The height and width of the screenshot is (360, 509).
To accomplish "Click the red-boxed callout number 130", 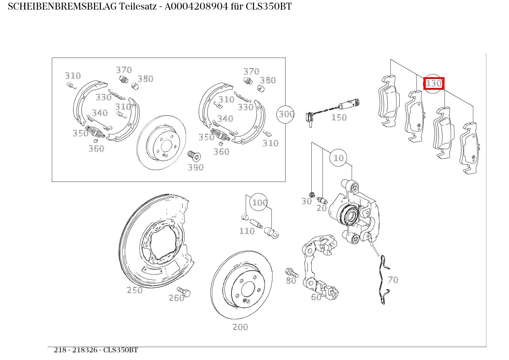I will pos(434,83).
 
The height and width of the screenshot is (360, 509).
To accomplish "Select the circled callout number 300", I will pos(286,114).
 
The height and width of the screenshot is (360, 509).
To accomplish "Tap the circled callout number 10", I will pos(339,158).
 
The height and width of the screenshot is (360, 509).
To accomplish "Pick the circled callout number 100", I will pos(259,202).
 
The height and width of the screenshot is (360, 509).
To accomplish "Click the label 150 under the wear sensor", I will pos(339,117).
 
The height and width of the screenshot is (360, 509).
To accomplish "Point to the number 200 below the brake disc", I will pos(240,327).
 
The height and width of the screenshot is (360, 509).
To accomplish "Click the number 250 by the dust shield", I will pos(135,290).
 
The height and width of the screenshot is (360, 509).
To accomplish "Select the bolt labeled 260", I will pos(184,292).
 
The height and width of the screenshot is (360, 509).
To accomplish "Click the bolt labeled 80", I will pos(292,273).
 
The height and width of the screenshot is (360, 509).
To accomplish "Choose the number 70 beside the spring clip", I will pos(393,280).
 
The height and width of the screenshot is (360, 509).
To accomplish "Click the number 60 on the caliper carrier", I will pos(316,297).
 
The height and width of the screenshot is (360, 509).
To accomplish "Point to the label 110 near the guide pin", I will pos(247,231).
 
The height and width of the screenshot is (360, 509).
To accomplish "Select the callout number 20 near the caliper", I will pos(321,208).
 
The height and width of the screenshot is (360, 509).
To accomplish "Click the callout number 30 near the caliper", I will pos(306,201).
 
